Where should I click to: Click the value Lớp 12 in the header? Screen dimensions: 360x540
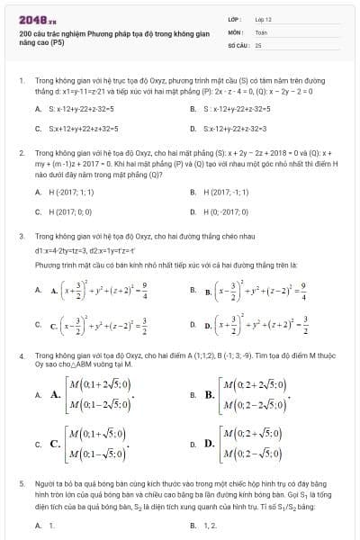(x=263, y=18)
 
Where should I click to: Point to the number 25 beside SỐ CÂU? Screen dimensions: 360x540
(x=258, y=43)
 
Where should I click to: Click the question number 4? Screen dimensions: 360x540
(x=21, y=356)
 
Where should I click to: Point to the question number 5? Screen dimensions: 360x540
(x=21, y=484)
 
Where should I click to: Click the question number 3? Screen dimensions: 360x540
(x=21, y=236)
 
